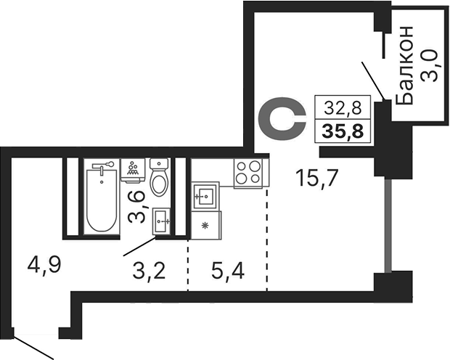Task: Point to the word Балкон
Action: pyautogui.click(x=407, y=64)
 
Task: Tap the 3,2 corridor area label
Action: pyautogui.click(x=149, y=272)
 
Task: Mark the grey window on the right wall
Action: pyautogui.click(x=389, y=224)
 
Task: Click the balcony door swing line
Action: pyautogui.click(x=375, y=82)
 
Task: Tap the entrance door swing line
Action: pyautogui.click(x=32, y=346)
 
